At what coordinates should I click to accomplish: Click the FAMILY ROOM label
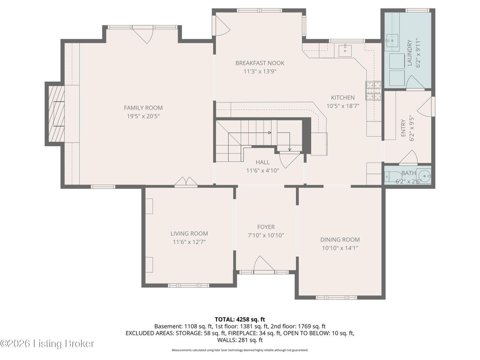[x=143, y=108]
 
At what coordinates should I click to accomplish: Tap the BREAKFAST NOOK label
[x=260, y=63]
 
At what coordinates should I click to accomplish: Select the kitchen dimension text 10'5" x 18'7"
[x=343, y=106]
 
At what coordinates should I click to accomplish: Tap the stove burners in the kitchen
[x=373, y=91]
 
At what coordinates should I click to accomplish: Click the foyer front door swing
[x=264, y=263]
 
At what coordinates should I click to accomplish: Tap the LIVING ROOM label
[x=189, y=233]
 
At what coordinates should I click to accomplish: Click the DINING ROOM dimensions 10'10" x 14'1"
[x=340, y=248]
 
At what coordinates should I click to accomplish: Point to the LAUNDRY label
[x=410, y=53]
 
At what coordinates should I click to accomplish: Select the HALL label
[x=262, y=162]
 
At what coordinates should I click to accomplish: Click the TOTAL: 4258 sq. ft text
[x=240, y=320]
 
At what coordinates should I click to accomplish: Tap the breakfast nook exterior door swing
[x=222, y=25]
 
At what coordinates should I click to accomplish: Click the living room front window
[x=188, y=285]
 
